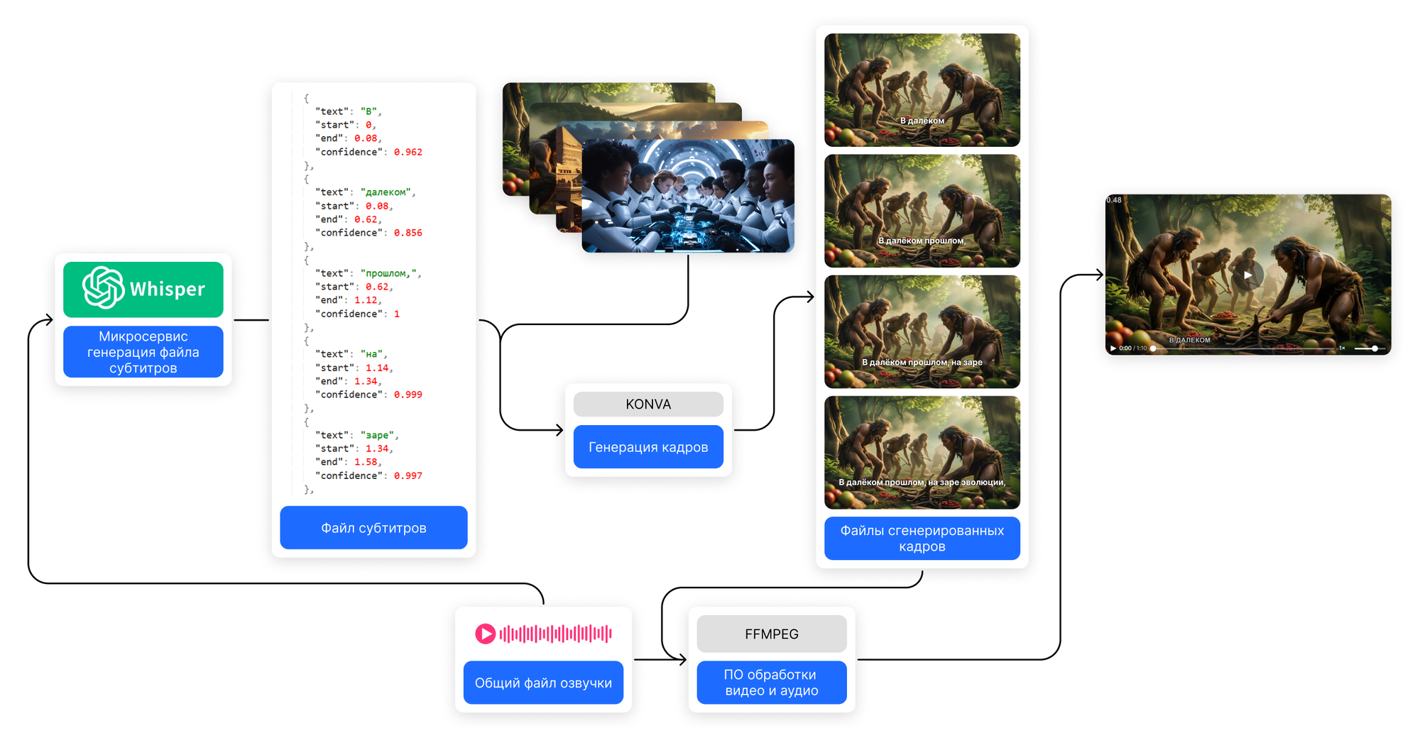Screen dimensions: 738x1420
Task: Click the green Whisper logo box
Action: tap(143, 289)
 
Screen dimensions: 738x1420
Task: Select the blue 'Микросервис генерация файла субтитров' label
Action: tap(143, 352)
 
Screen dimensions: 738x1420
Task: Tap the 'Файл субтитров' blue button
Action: tap(373, 527)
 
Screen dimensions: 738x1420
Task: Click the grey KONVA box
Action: tap(648, 404)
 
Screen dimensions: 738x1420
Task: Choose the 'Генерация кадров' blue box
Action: tap(648, 447)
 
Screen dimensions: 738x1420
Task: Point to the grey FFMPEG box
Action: tap(772, 634)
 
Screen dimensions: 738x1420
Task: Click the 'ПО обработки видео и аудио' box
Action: tap(772, 683)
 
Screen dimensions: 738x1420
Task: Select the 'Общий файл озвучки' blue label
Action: tap(543, 683)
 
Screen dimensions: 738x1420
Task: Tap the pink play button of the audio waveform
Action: tap(486, 634)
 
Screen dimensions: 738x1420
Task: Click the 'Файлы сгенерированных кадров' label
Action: tap(922, 539)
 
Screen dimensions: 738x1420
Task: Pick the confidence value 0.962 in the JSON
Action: tap(408, 152)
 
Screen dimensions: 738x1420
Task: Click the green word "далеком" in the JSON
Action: tap(387, 192)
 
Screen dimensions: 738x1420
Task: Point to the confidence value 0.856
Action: tap(408, 233)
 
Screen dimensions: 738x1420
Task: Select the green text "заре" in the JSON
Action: tap(377, 435)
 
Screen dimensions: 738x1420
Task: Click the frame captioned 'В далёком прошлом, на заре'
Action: tap(922, 331)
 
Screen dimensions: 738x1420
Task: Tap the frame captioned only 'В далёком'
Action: tap(922, 89)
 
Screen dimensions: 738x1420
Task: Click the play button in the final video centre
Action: tap(1247, 275)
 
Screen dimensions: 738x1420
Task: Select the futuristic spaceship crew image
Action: tap(687, 196)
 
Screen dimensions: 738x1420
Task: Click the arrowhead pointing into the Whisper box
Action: tap(49, 320)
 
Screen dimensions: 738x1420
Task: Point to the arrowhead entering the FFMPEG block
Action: tap(683, 660)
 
